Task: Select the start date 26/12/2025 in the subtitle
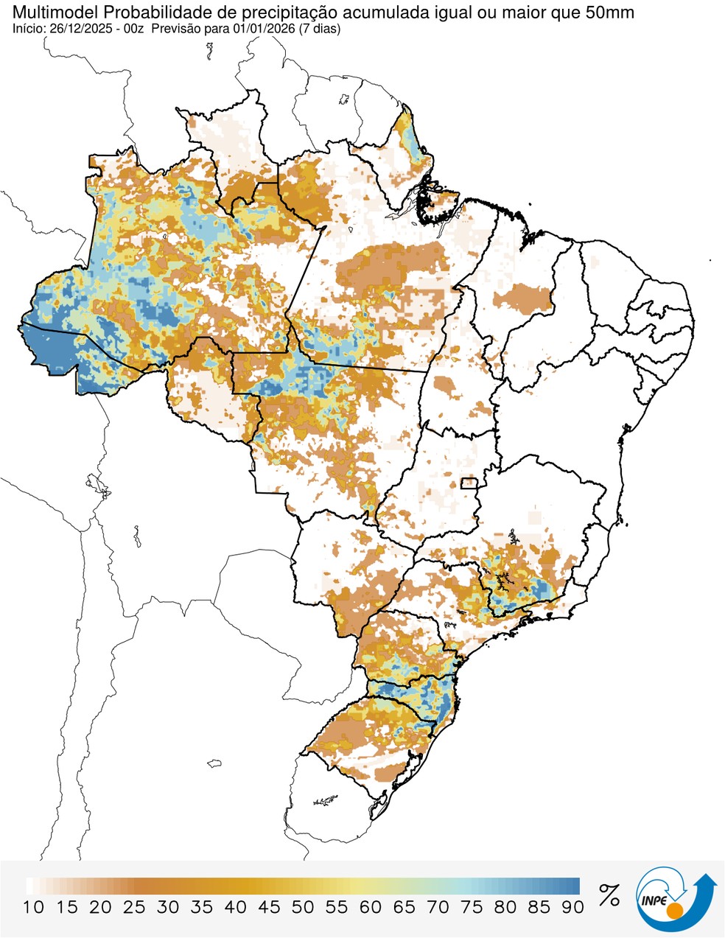pos(78,28)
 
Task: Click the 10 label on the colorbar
pos(33,907)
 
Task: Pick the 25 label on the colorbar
pos(134,907)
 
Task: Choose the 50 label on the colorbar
pos(303,907)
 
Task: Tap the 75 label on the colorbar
pos(472,907)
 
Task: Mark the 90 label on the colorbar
pos(572,907)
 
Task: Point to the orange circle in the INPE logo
pos(673,912)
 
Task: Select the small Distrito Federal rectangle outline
pos(469,483)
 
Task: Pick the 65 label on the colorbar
pos(404,907)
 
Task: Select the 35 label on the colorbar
pos(202,907)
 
